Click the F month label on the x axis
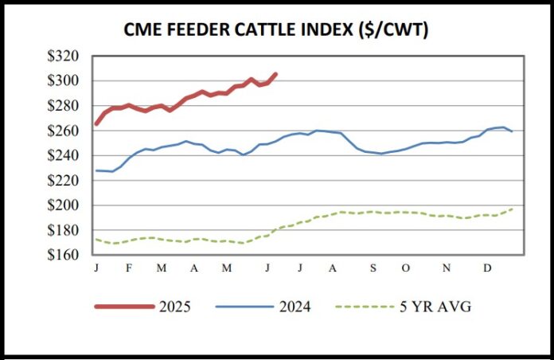128,268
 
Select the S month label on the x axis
373,268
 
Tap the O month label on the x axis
405,268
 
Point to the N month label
447,268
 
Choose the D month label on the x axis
487,268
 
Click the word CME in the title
145,29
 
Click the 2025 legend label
178,307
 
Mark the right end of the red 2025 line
275,74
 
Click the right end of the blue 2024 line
511,131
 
